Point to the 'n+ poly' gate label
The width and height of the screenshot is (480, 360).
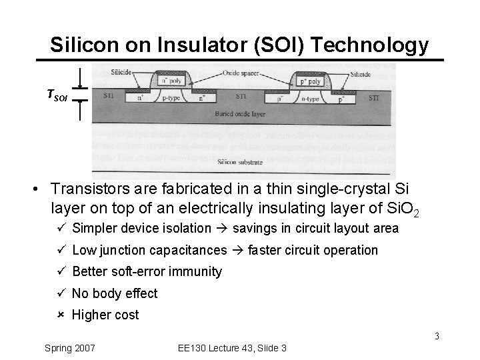(168, 82)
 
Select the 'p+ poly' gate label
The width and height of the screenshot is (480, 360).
(310, 81)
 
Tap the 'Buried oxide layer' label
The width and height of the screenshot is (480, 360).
(241, 114)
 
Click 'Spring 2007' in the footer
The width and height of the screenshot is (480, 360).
(70, 348)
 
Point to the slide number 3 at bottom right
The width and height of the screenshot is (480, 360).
(437, 336)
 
